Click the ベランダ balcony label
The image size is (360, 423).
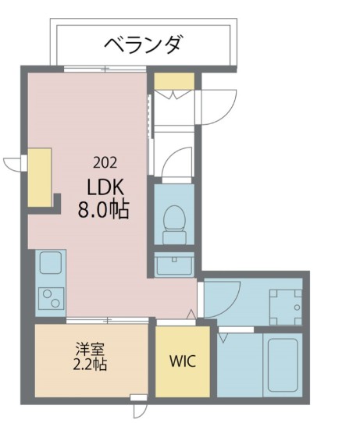142,44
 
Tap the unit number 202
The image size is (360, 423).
105,163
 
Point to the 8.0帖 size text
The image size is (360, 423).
102,210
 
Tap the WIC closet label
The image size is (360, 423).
182,361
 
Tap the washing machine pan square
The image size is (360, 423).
285,306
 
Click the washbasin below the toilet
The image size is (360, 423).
173,265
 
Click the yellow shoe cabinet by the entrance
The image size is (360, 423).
173,80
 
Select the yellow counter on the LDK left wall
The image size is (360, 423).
40,177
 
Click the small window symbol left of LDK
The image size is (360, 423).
14,163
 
